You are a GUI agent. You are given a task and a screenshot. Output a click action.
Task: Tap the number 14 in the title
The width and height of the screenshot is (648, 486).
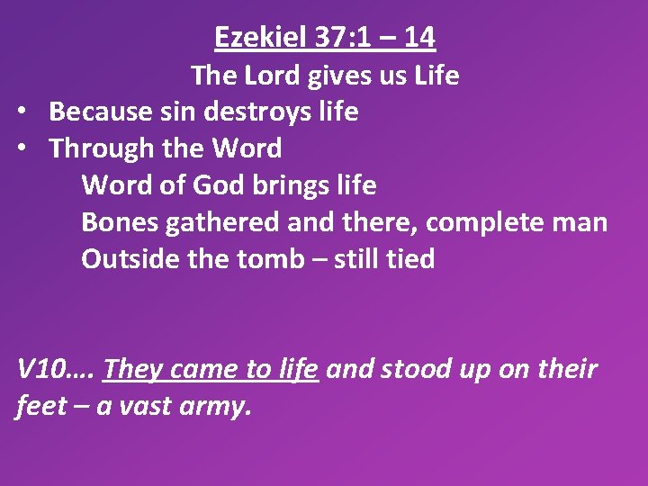[419, 38]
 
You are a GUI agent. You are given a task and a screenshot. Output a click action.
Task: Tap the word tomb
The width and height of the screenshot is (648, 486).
[269, 259]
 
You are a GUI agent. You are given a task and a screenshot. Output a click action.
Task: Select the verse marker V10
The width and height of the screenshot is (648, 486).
[40, 369]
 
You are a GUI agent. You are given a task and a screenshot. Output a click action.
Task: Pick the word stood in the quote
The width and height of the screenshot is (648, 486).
[417, 369]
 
